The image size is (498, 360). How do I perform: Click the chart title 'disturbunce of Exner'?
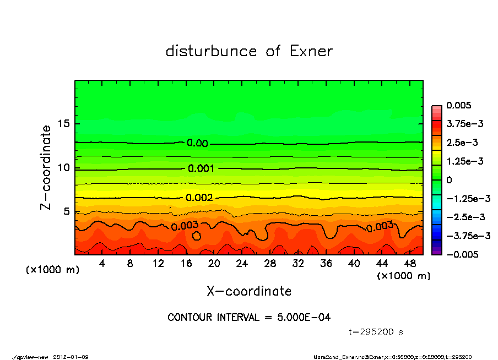(249, 51)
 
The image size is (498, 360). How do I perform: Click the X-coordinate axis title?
(249, 291)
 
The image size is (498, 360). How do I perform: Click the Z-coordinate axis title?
(46, 167)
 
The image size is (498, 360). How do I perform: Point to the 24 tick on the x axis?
(242, 264)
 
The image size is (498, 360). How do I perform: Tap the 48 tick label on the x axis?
(410, 264)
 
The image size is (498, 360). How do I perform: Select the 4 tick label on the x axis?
(102, 264)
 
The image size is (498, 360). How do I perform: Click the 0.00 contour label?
(197, 143)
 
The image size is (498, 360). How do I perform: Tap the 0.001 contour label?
(201, 168)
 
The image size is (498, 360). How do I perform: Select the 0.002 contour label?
(199, 198)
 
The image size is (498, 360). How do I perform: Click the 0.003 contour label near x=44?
(380, 226)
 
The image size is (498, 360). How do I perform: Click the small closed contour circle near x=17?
(197, 236)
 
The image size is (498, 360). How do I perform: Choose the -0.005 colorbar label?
(462, 254)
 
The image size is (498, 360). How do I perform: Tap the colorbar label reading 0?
(449, 180)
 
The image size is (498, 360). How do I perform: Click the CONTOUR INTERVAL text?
(249, 318)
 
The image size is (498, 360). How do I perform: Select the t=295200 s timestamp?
(376, 332)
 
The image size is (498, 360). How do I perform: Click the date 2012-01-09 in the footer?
(71, 357)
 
